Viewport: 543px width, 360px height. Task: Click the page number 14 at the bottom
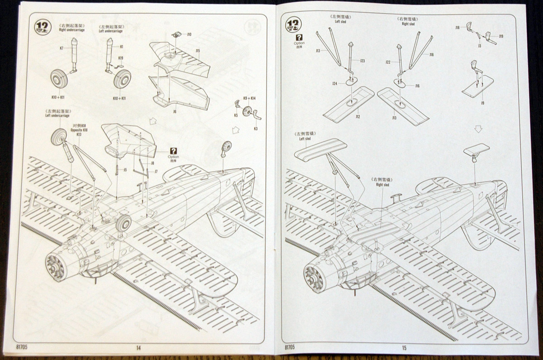[x=138, y=348]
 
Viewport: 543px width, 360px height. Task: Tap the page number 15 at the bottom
[x=404, y=348]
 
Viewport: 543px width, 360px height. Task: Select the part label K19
[x=121, y=58]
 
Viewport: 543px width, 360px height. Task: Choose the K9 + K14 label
[x=249, y=98]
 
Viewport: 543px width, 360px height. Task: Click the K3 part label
[x=256, y=129]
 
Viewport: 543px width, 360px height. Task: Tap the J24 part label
[x=335, y=83]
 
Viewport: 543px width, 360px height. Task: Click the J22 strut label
[x=388, y=62]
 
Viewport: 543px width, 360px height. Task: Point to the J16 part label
[x=417, y=86]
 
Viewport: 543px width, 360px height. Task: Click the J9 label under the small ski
[x=483, y=103]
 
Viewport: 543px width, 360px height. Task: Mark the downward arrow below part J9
[x=478, y=129]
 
